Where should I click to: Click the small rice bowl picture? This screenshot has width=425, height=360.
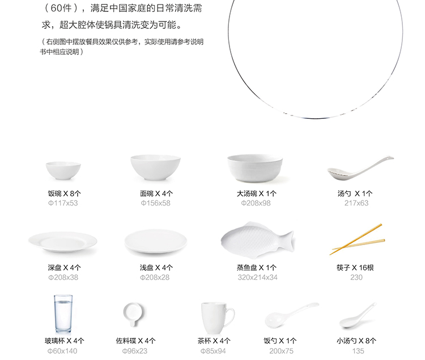point(63,170)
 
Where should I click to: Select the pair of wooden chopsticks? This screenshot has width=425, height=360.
point(357,239)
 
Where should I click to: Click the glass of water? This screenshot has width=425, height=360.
point(63,314)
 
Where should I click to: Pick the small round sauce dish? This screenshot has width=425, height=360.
point(133,314)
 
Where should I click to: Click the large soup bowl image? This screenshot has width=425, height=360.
point(255,168)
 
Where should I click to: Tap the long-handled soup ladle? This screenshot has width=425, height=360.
point(360,168)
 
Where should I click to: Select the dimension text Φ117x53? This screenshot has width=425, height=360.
point(63,203)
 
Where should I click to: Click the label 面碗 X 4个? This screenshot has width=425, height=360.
point(156,194)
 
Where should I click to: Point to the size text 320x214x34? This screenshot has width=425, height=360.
point(257,277)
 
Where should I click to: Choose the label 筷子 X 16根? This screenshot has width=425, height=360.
point(355,268)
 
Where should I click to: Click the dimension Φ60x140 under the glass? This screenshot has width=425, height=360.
point(62,351)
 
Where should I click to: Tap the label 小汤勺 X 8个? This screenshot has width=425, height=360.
point(356,341)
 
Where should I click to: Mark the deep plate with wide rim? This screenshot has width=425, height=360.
point(62,242)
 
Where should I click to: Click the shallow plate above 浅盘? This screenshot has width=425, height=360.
point(156,242)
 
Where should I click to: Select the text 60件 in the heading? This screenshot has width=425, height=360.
point(61,8)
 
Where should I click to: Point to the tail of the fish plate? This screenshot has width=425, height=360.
point(288,241)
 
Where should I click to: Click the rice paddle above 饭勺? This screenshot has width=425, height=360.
point(291,315)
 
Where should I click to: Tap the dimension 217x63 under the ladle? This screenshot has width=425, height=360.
point(356,203)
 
